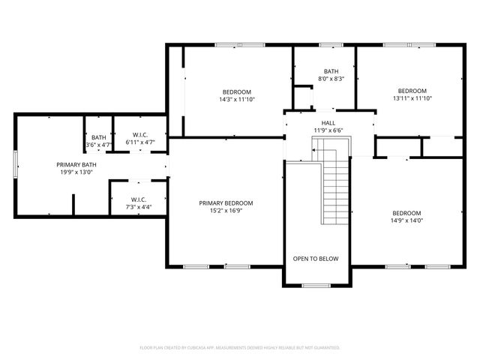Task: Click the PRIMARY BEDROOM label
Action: pyautogui.click(x=226, y=202)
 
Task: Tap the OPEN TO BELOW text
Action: pyautogui.click(x=315, y=259)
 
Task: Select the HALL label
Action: pyautogui.click(x=328, y=123)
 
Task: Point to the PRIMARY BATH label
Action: pyautogui.click(x=76, y=164)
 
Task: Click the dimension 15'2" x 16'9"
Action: pyautogui.click(x=226, y=211)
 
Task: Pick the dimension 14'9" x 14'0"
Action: pyautogui.click(x=406, y=220)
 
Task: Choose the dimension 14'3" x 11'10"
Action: pyautogui.click(x=236, y=99)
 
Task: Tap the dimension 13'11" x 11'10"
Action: pyautogui.click(x=412, y=98)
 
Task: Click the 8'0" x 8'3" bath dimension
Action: pyautogui.click(x=330, y=79)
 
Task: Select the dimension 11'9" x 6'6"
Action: pyautogui.click(x=328, y=130)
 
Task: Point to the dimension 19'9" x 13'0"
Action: pyautogui.click(x=76, y=172)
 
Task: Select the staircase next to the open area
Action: pyautogui.click(x=336, y=187)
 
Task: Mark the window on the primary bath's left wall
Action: pyautogui.click(x=15, y=164)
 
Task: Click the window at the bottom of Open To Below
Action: pyautogui.click(x=316, y=285)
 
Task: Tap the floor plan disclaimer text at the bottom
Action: pyautogui.click(x=240, y=347)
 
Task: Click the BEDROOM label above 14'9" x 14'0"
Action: pyautogui.click(x=406, y=212)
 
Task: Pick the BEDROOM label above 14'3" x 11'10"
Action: pyautogui.click(x=236, y=91)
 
